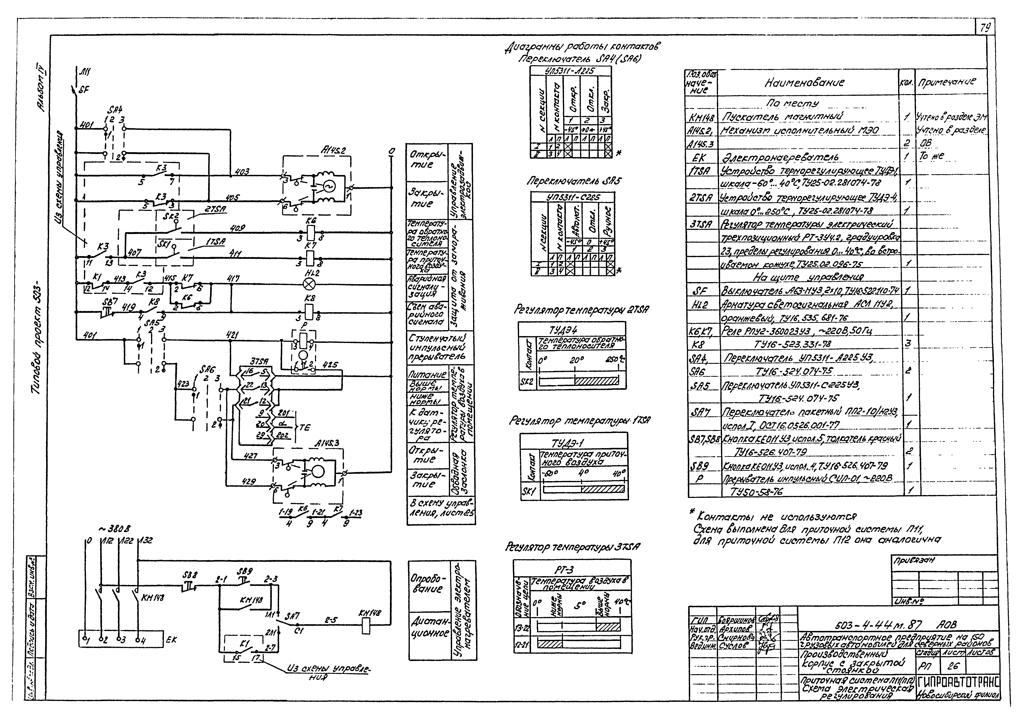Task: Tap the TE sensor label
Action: (x=305, y=427)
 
